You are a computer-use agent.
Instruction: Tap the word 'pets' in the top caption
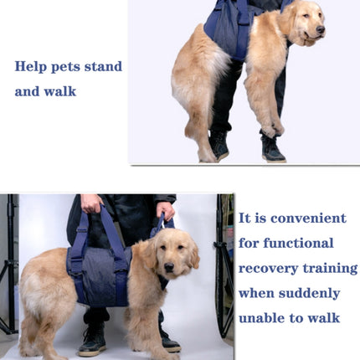point(70,66)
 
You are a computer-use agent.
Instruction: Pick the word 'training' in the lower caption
point(330,269)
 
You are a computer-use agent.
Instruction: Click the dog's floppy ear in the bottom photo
point(193,255)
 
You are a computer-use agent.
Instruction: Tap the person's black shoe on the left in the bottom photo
point(92,342)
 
